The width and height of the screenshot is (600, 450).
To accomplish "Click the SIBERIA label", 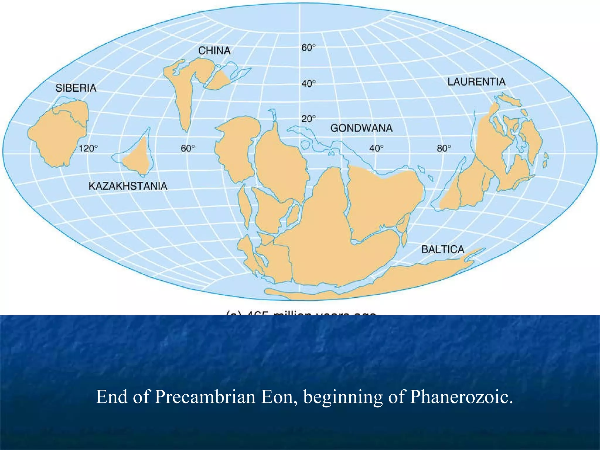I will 76,88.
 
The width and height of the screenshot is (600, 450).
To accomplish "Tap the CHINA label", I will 214,51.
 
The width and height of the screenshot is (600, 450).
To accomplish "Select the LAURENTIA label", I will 476,82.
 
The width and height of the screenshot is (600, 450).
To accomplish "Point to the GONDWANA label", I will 361,128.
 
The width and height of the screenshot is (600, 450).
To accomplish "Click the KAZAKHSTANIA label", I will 128,186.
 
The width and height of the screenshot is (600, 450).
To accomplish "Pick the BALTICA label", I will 443,249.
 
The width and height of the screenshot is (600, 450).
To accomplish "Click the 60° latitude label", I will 308,47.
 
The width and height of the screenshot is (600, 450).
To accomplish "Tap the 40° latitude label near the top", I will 308,84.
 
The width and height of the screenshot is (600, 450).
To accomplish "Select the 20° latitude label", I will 308,119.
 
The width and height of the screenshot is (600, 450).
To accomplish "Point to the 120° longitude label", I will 88,149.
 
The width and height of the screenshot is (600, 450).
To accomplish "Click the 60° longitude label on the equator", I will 187,149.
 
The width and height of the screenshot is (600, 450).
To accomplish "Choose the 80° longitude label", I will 444,149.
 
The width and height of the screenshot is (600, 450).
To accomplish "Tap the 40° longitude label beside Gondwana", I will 376,149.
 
